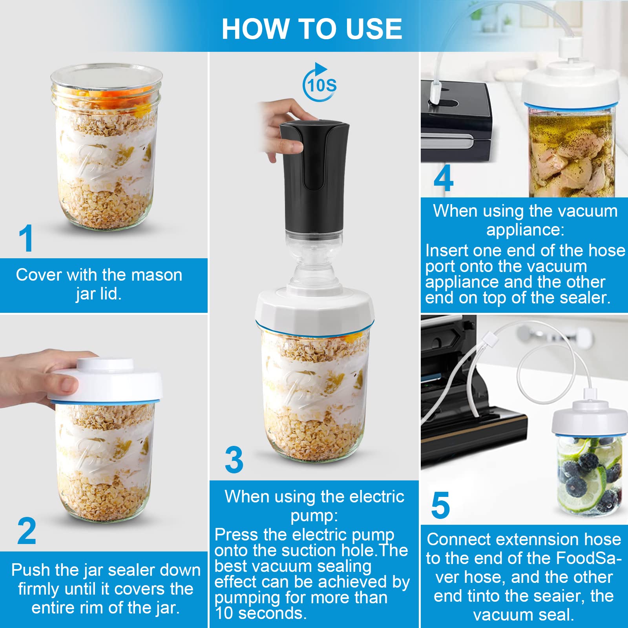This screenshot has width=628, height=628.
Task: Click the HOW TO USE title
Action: click(312, 29)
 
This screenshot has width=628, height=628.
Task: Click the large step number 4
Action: click(444, 178)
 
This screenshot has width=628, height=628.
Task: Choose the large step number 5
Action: click(440, 505)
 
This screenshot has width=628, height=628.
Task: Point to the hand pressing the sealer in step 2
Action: click(43, 377)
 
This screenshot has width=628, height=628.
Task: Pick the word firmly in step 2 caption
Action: click(39, 589)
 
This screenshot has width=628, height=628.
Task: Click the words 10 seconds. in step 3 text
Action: click(261, 613)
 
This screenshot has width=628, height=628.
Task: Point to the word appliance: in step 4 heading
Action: click(525, 229)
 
